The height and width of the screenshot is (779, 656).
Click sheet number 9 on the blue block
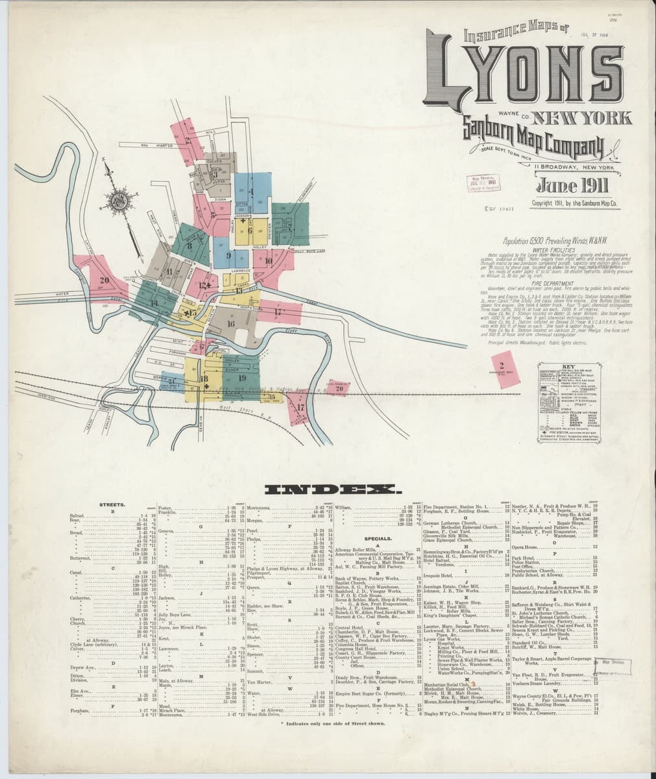[x=227, y=256]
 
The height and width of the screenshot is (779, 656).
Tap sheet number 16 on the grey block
[x=230, y=323]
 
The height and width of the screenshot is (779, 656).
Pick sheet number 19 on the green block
[x=242, y=377]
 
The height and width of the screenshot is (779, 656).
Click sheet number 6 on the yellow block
[x=249, y=230]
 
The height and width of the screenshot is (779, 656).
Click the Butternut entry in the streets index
[x=80, y=558]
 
